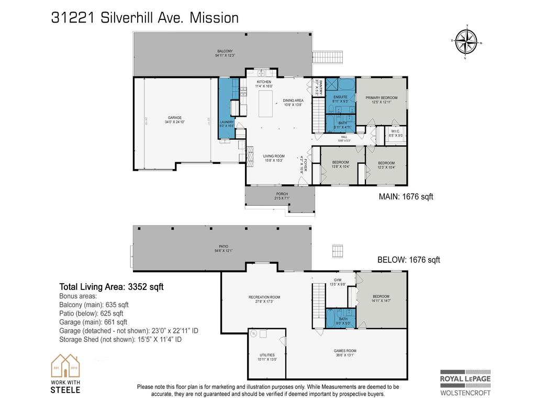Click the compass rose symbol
pyautogui.click(x=466, y=42)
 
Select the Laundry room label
pyautogui.click(x=227, y=124)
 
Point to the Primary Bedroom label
pyautogui.click(x=381, y=99)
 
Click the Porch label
pyautogui.click(x=281, y=196)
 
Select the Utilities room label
pyautogui.click(x=267, y=356)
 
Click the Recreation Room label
pyautogui.click(x=264, y=299)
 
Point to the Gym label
pyautogui.click(x=338, y=282)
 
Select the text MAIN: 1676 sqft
pyautogui.click(x=406, y=197)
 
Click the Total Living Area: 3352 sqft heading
pyautogui.click(x=111, y=286)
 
